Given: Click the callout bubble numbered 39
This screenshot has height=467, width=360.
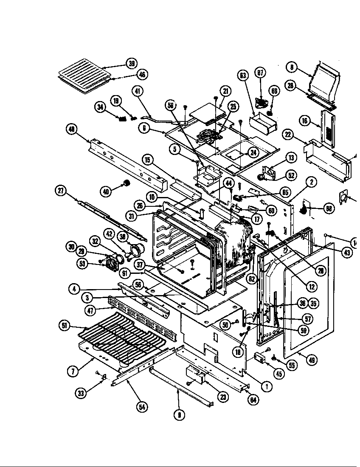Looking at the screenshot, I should [132, 64].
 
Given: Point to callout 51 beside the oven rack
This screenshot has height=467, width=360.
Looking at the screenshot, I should [64, 326].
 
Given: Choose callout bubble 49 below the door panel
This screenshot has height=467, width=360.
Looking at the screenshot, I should [312, 360].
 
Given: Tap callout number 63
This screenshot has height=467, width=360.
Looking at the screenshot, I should [243, 76].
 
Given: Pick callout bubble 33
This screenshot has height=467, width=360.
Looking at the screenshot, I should [81, 394].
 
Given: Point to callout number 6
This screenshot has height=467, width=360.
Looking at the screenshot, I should [145, 127].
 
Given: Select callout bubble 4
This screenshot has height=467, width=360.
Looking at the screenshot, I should [74, 290].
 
